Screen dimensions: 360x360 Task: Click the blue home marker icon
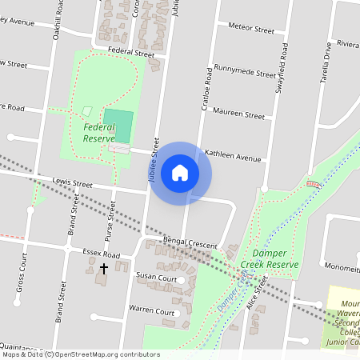pyautogui.click(x=180, y=172)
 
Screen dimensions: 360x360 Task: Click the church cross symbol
pyautogui.click(x=103, y=270)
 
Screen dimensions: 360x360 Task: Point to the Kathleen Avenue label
pyautogui.click(x=234, y=155)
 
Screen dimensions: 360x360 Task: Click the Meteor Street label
pyautogui.click(x=251, y=28)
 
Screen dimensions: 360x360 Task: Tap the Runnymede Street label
pyautogui.click(x=245, y=72)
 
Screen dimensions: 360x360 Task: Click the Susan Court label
pyautogui.click(x=156, y=277)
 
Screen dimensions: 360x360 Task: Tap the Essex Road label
pyautogui.click(x=100, y=254)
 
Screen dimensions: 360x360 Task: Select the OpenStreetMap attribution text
pyautogui.click(x=80, y=354)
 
